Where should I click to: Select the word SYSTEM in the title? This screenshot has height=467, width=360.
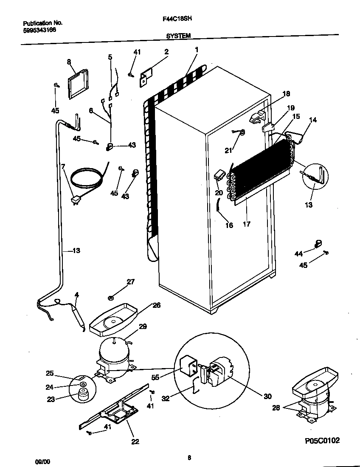point(178,37)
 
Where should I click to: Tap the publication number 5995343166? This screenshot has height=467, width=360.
point(39,30)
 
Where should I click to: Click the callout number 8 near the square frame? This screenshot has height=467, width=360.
point(69,62)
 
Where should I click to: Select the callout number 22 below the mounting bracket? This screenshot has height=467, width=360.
point(135,442)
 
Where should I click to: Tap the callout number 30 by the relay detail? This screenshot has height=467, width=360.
point(267,397)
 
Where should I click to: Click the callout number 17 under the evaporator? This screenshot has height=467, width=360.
point(246,225)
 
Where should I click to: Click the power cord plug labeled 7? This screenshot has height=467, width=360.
point(76,200)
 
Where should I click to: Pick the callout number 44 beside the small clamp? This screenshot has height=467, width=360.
point(299,254)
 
